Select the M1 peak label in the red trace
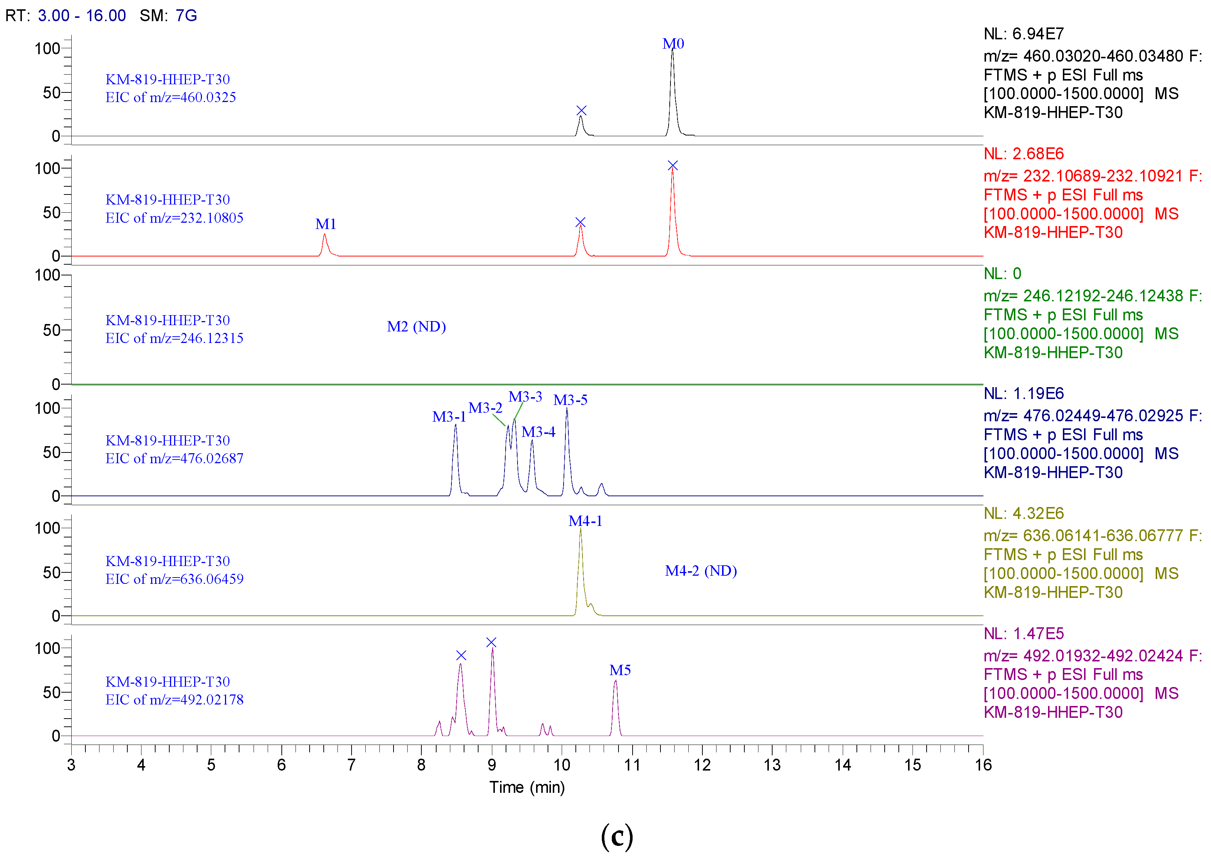point(326,224)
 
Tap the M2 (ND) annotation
point(416,326)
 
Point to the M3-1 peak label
point(449,417)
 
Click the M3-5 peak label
point(570,400)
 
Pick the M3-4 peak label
point(538,432)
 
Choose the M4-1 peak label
point(585,521)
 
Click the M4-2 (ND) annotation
point(701,571)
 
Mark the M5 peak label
point(620,670)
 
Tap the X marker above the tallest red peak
point(672,166)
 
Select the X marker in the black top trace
point(581,111)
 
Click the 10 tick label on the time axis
point(562,765)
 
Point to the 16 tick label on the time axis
point(983,765)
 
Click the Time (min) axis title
point(527,788)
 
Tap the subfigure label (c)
point(617,837)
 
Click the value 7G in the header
point(186,15)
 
